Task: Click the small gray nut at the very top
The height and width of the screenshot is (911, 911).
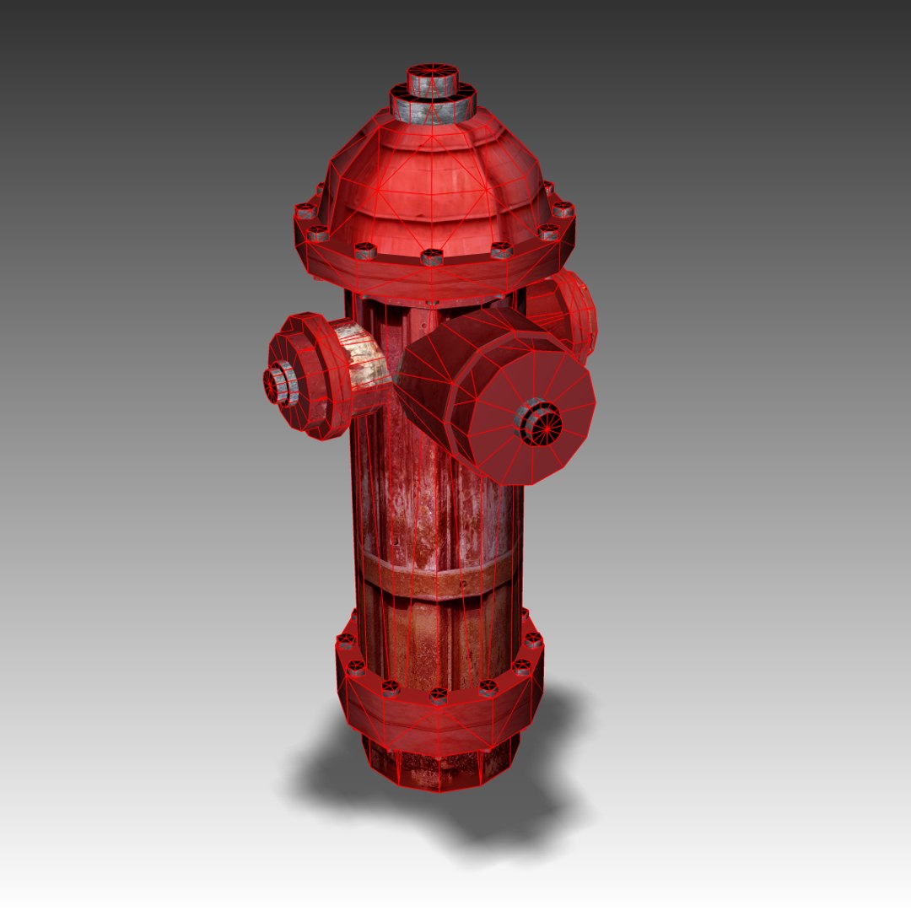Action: click(x=433, y=81)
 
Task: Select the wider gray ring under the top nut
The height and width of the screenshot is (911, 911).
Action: click(x=433, y=108)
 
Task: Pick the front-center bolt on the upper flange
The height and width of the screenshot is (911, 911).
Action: click(x=433, y=256)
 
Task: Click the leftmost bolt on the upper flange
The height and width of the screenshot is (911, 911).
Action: click(x=305, y=211)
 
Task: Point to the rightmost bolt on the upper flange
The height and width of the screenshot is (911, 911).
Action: click(x=563, y=209)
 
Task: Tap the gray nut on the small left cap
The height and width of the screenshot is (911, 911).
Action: click(x=281, y=384)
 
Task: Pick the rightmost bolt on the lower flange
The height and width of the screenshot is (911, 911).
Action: click(x=533, y=639)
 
